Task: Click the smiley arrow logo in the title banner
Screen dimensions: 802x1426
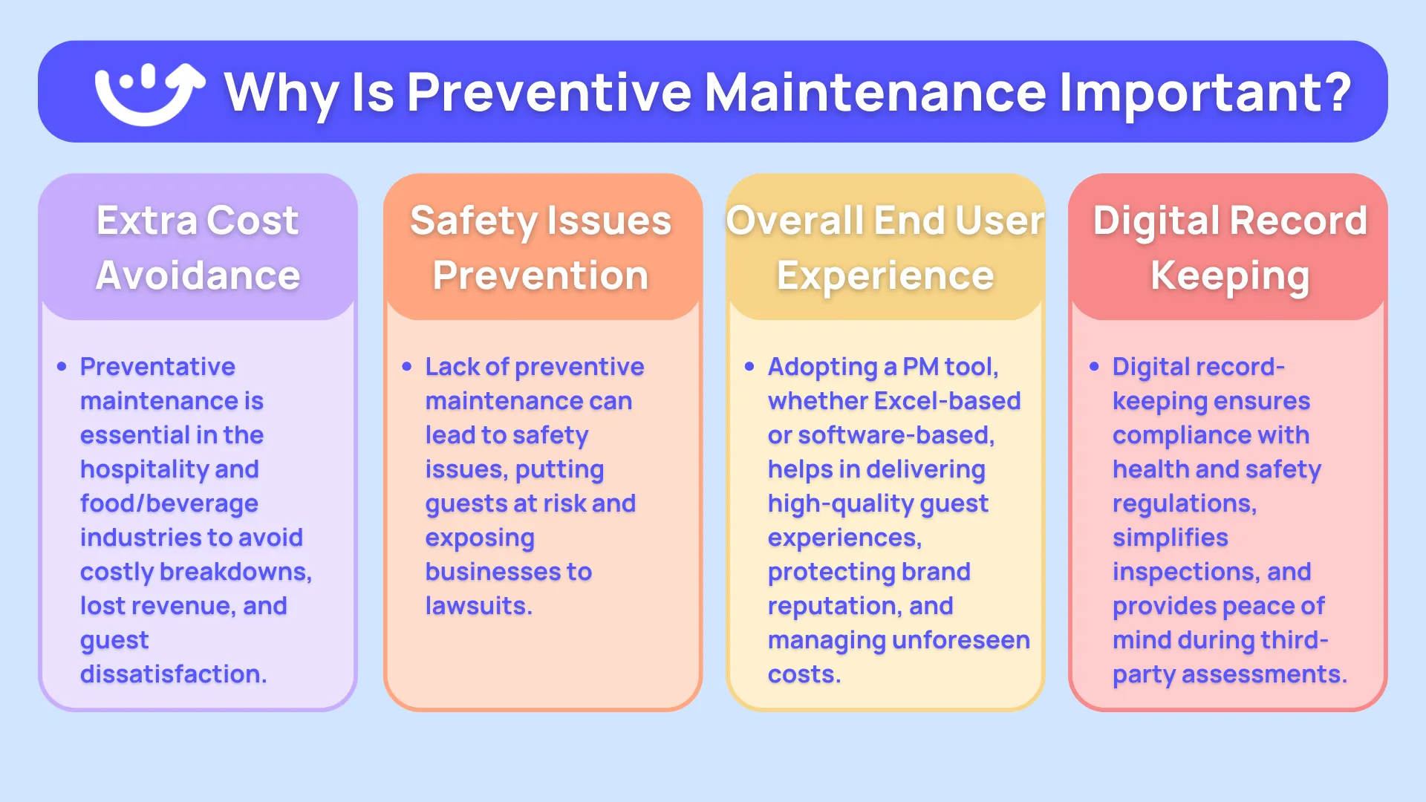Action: (149, 93)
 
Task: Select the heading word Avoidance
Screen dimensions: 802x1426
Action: (198, 276)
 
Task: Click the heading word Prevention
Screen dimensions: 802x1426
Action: (541, 276)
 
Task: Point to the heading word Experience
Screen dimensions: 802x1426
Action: (885, 276)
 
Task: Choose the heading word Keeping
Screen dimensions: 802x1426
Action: (1229, 276)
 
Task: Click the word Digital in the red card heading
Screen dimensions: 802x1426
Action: (1155, 221)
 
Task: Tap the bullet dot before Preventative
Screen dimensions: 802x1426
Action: (62, 366)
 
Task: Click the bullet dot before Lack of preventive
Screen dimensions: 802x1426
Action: (406, 366)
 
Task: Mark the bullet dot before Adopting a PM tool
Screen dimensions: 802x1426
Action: (749, 366)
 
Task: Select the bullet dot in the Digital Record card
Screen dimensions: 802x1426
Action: (1094, 366)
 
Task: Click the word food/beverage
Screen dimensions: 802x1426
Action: (169, 503)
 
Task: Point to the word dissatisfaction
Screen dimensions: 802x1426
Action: (172, 674)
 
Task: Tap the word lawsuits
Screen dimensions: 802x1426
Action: (478, 606)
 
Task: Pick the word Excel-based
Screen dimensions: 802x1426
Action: (947, 401)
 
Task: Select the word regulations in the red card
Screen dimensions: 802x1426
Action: (1184, 503)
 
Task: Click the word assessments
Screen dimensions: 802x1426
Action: (1263, 674)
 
